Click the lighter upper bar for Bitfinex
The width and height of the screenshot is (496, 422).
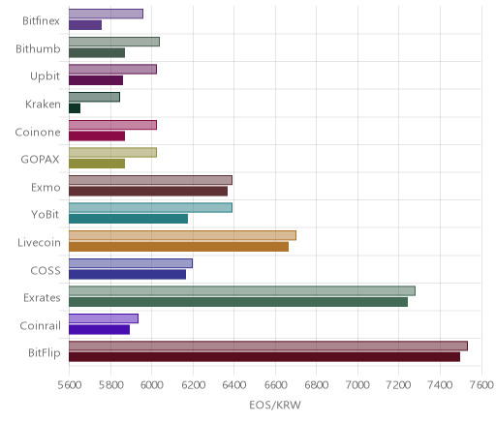(106, 14)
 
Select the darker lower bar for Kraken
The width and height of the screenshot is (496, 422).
(75, 108)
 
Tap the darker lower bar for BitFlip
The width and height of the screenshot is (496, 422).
(264, 357)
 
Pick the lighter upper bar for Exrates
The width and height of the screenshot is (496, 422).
(242, 290)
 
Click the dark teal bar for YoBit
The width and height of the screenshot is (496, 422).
(128, 219)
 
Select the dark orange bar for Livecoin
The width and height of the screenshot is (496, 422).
(178, 247)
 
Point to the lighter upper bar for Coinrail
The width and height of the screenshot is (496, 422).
(104, 318)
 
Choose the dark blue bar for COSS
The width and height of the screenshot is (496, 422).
(127, 274)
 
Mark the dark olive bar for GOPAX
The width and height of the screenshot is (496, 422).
(97, 164)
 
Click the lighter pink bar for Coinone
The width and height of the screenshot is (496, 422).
(112, 125)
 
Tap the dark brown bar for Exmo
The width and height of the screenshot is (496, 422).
(148, 192)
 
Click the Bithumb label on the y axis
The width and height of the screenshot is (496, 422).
(38, 49)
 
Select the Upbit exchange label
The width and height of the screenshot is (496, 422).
(45, 76)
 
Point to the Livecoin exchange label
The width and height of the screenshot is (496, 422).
(39, 242)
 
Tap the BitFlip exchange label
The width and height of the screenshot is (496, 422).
(45, 353)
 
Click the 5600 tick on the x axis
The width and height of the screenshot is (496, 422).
(69, 385)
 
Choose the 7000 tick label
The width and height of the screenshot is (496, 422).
(357, 385)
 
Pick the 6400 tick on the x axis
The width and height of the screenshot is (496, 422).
(234, 385)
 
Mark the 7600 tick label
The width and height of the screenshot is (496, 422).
(481, 385)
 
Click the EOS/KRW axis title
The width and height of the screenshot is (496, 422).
(275, 405)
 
